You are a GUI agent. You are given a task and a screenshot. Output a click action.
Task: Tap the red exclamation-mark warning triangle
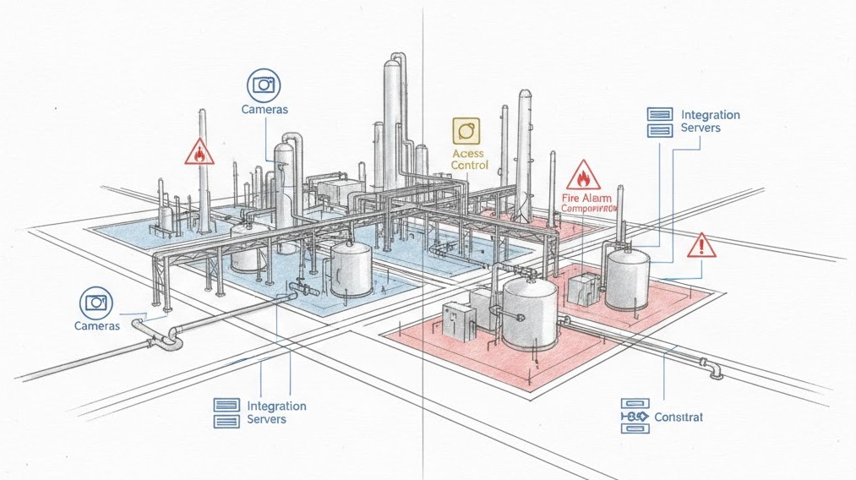701,246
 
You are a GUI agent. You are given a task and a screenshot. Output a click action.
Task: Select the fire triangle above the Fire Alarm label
583,176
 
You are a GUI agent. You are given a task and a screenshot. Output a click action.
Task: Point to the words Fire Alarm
585,197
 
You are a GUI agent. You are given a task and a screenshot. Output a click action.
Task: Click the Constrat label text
679,417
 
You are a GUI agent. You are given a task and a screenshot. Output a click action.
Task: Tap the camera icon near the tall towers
264,85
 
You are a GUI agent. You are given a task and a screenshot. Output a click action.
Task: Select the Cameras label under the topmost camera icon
264,110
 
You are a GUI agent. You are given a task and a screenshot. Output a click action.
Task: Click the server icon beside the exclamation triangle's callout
659,122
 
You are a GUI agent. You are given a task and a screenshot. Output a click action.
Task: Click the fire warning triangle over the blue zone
199,152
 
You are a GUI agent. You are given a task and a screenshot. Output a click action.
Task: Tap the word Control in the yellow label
470,166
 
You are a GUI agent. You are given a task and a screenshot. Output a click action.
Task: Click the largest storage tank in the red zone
530,314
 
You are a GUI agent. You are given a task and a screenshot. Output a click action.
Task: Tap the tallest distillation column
392,123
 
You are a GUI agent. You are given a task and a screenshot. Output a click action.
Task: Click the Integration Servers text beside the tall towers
710,121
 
